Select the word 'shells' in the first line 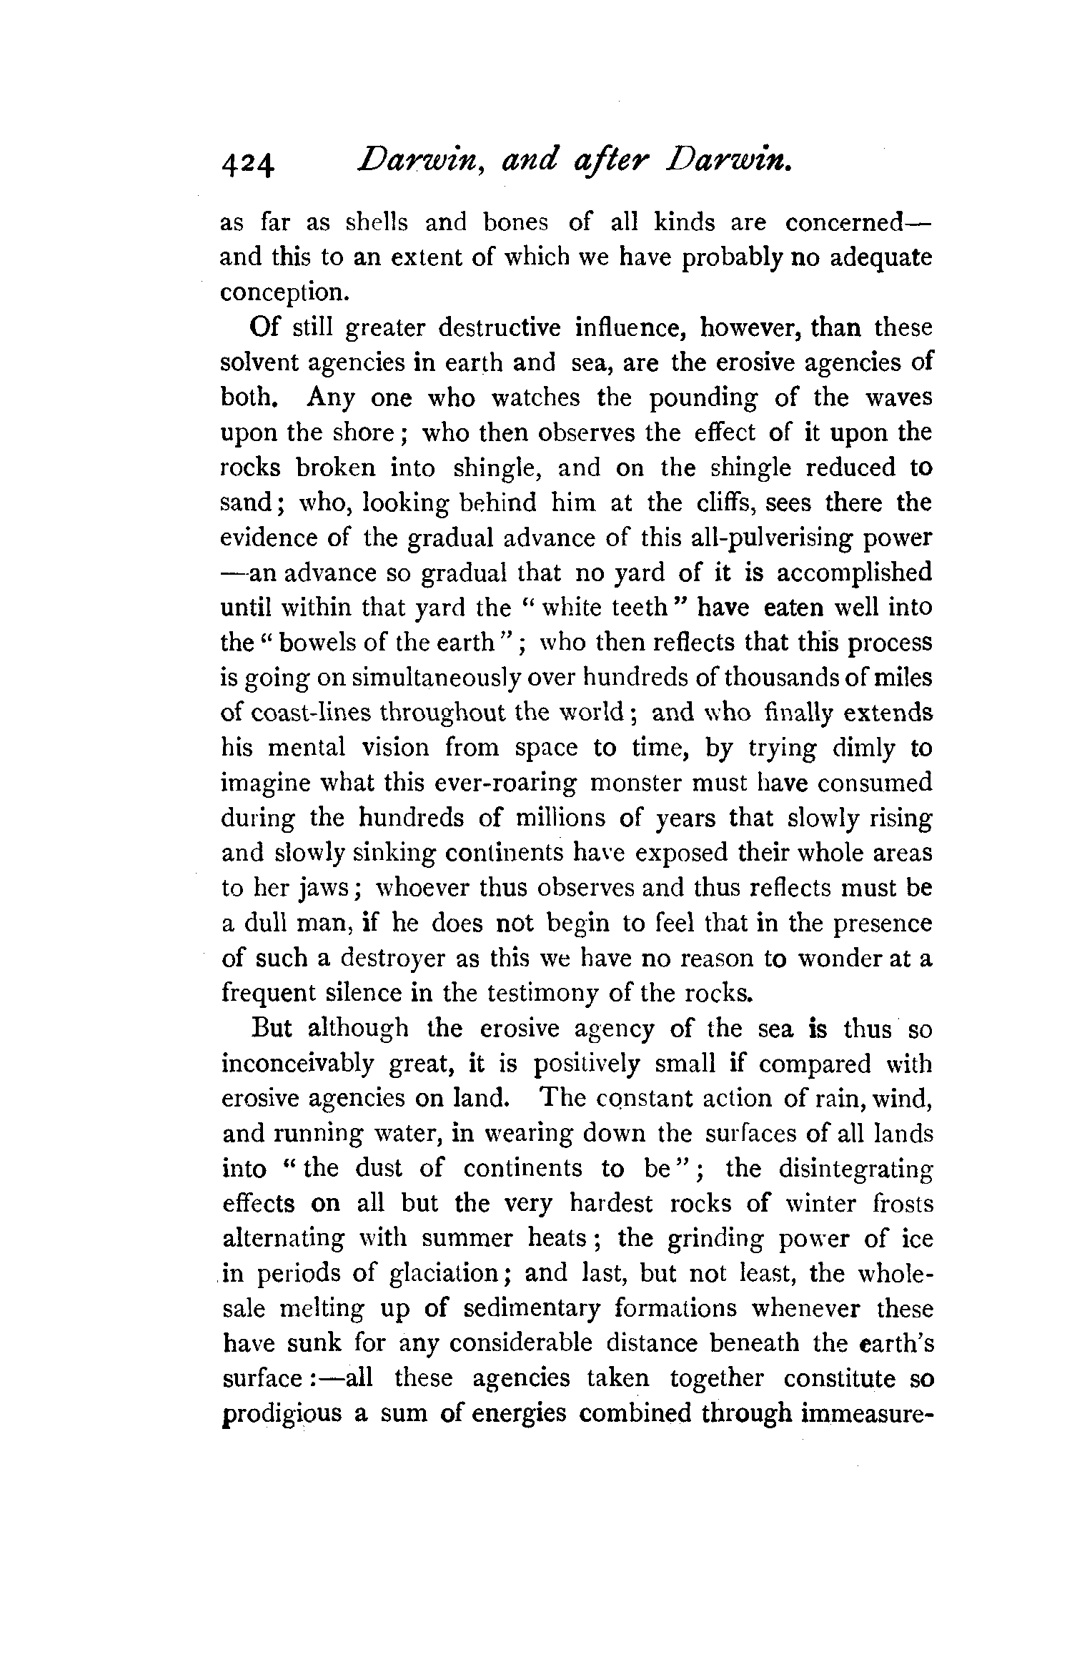(x=376, y=223)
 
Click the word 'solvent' (x=259, y=362)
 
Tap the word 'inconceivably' (x=297, y=1064)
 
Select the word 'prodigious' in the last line (x=281, y=1415)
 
